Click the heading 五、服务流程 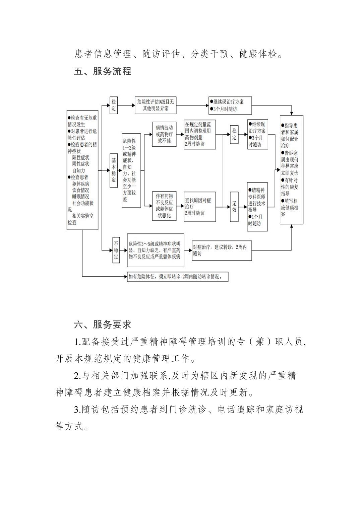pos(102,71)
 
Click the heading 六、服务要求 pos(102,324)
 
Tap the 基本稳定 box pos(114,170)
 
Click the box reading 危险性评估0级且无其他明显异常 pos(156,105)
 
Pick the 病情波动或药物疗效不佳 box pos(164,134)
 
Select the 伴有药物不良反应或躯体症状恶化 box pos(164,206)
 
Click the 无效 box pos(234,206)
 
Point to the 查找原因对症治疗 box pos(200,206)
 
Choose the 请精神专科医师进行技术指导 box pos(257,207)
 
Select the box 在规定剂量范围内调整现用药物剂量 pos(200,134)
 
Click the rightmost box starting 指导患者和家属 pos(292,170)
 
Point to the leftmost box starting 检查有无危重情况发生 pos(82,170)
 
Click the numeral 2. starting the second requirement pos(77,376)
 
